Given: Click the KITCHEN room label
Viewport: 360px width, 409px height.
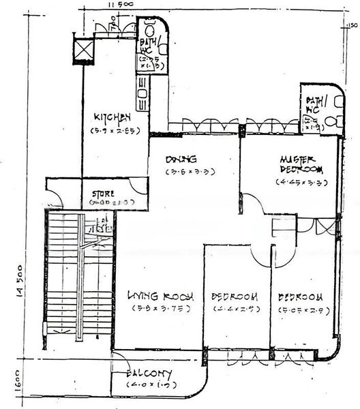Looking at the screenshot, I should click(112, 117).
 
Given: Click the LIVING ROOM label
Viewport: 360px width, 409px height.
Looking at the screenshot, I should click(161, 297).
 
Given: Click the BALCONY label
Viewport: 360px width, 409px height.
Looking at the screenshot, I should click(149, 374).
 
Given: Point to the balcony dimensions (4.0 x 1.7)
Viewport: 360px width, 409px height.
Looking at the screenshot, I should click(149, 386).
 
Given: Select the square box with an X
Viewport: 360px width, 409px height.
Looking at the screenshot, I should click(83, 49).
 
